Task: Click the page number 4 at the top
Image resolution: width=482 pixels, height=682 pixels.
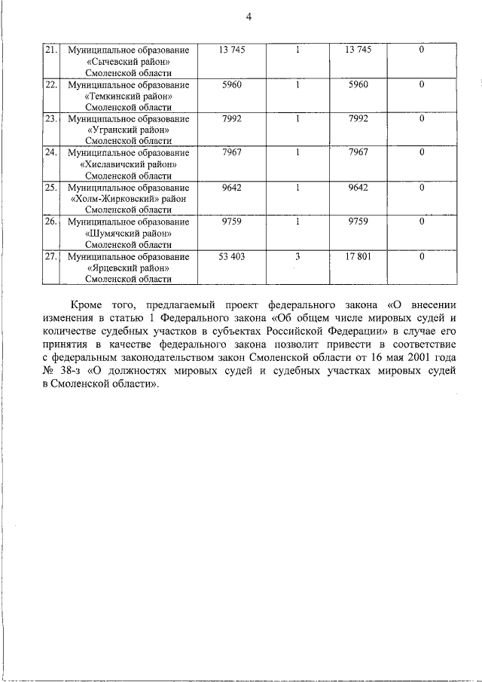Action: point(248,18)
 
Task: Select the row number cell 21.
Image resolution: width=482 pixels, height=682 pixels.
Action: point(50,50)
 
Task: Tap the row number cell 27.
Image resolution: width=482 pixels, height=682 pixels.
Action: point(50,257)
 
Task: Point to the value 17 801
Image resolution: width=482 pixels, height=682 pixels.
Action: point(358,257)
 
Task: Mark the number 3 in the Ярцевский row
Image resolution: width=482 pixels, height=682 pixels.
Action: point(297,257)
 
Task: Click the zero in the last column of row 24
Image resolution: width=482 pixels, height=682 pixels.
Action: point(422,153)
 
